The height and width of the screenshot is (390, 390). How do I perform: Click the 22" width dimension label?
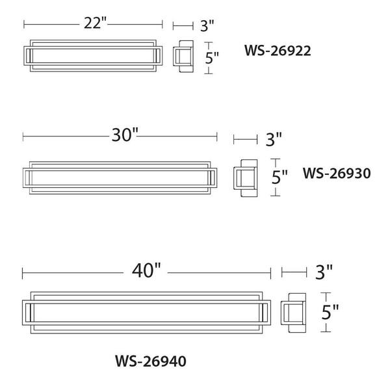click(95, 23)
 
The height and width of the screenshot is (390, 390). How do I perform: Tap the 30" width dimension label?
click(125, 135)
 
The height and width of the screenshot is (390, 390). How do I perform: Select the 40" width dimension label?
click(146, 270)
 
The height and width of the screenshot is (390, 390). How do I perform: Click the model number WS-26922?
click(278, 51)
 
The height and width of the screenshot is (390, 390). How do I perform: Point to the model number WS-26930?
click(337, 173)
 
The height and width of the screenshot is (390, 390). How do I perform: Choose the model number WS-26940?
click(151, 361)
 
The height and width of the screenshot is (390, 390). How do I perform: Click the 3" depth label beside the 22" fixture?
click(207, 26)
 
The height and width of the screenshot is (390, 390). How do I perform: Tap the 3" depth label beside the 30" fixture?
click(274, 139)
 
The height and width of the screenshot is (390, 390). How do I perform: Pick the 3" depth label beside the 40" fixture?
click(324, 272)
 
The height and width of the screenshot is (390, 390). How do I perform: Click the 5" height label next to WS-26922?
click(212, 58)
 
